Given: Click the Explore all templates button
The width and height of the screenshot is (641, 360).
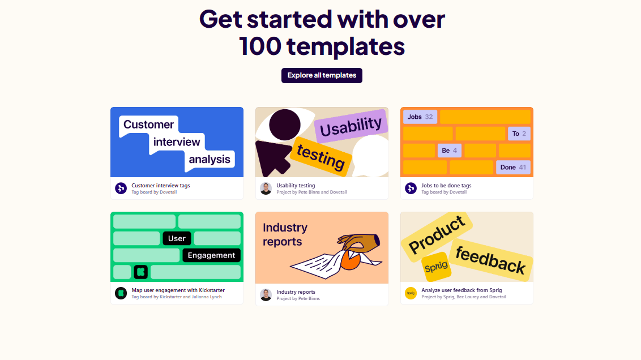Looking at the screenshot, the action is click(322, 76).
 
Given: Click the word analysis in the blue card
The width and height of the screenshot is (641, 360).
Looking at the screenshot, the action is click(210, 160).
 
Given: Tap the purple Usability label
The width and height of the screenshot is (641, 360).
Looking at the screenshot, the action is click(351, 126).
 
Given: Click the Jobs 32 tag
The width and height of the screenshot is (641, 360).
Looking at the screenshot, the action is click(420, 117).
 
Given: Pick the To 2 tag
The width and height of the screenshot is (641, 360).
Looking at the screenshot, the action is click(519, 134).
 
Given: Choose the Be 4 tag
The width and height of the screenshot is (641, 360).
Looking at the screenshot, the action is click(449, 151).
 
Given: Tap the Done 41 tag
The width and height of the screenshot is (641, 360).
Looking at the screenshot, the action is click(513, 167).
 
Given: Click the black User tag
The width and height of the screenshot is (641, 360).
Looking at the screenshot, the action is click(177, 238).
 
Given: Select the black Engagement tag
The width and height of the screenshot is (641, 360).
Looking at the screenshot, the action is click(211, 255).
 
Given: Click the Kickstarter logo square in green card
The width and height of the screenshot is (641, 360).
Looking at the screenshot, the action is click(140, 272).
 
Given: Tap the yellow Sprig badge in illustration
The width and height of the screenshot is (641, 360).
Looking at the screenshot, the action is click(436, 267).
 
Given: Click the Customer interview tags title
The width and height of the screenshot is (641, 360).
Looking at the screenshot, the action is click(161, 186).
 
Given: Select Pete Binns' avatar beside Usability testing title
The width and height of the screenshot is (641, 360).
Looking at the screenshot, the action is click(266, 188).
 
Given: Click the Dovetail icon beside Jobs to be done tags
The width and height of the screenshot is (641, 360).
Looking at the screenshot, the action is click(411, 188).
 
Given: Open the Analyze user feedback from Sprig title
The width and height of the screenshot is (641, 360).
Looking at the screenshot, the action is click(461, 290).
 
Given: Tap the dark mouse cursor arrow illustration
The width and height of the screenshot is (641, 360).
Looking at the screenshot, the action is click(273, 158).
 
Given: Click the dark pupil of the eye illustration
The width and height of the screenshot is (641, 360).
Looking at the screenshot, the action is click(284, 125).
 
